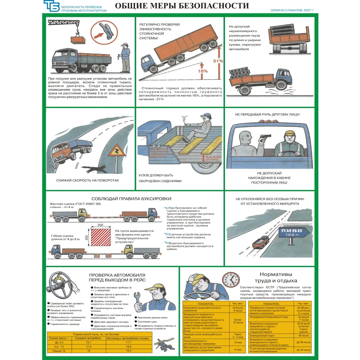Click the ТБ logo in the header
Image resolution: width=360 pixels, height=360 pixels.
(x=51, y=6)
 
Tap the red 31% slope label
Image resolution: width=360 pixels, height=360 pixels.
(x=218, y=61)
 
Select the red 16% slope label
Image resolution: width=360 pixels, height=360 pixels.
(x=202, y=71)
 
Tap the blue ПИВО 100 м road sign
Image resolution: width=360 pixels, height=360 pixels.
(x=291, y=232)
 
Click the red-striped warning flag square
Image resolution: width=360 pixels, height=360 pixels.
(x=100, y=238)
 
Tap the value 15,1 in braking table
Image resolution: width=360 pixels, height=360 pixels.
(x=89, y=342)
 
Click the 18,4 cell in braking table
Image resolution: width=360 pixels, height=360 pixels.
(x=129, y=351)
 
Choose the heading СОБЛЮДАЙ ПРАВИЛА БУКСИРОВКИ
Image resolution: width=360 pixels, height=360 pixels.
(x=131, y=199)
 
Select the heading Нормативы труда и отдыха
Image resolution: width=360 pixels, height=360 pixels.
(x=276, y=277)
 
